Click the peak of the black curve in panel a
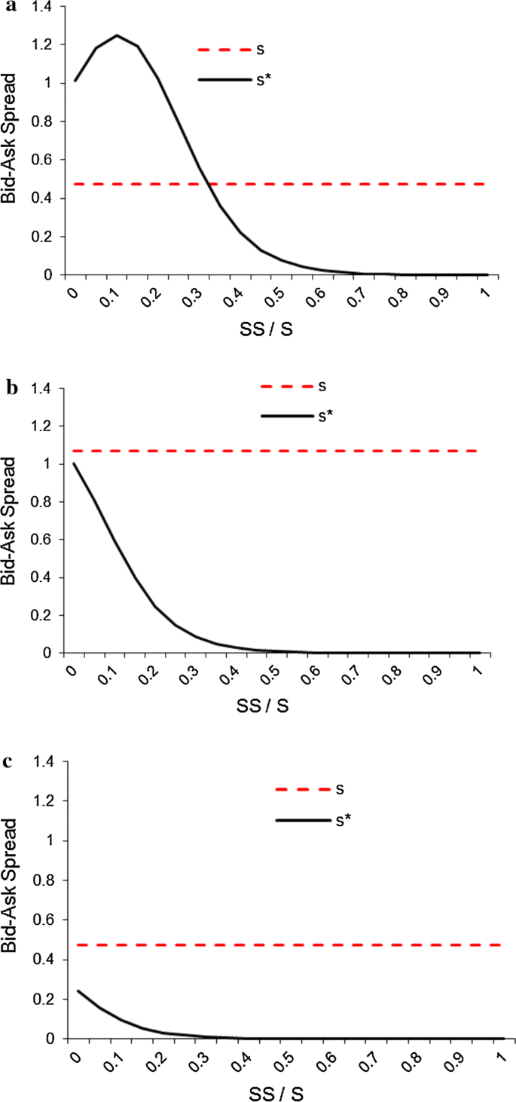(117, 35)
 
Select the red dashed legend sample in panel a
(224, 50)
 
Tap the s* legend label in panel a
(262, 79)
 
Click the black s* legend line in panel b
(286, 415)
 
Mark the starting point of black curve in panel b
(74, 464)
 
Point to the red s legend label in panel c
(340, 789)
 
